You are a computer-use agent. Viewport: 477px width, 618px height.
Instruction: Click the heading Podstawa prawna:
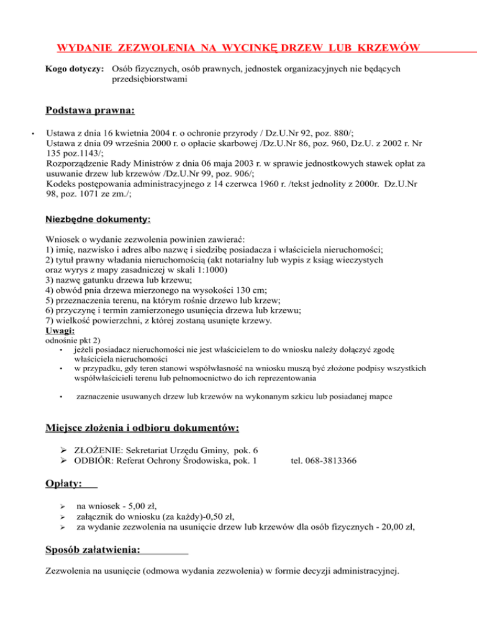click(90, 111)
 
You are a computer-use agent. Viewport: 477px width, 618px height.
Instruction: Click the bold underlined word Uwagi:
click(60, 331)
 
